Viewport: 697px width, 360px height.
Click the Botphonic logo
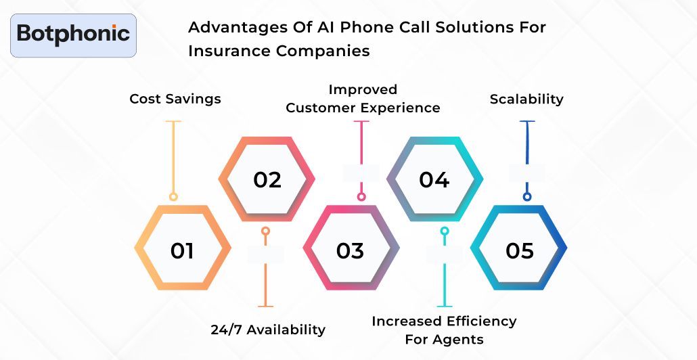point(74,35)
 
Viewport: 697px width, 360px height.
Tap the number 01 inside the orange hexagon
point(182,250)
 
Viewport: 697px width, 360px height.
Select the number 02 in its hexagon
point(267,179)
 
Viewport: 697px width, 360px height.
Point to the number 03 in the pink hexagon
point(350,250)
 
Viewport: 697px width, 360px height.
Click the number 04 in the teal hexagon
point(434,179)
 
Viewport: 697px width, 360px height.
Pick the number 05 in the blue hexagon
point(520,250)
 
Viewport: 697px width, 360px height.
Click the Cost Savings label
point(175,99)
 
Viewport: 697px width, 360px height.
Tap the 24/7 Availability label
point(268,330)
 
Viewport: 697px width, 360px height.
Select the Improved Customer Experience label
point(363,99)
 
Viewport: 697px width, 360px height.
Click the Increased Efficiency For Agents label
point(444,330)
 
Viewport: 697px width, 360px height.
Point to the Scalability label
point(526,99)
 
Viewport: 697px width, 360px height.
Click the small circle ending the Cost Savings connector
point(174,197)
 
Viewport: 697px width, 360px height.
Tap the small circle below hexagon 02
point(265,231)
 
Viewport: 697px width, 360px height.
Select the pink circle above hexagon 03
point(361,197)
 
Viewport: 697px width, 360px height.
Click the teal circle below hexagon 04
point(445,231)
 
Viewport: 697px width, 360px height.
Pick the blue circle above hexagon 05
point(527,197)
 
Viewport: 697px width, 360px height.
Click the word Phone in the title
point(344,28)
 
